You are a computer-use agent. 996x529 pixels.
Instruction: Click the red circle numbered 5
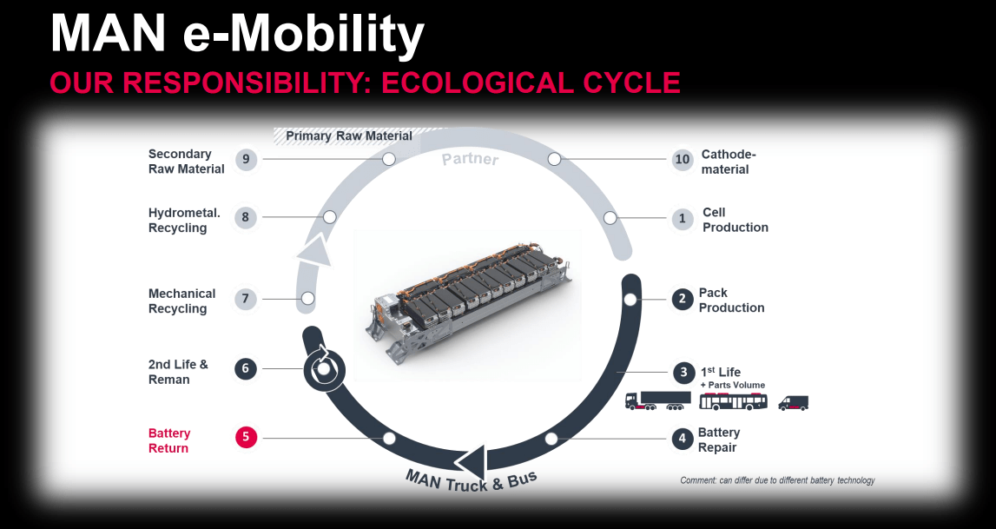click(246, 438)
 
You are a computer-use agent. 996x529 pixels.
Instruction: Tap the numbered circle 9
click(246, 159)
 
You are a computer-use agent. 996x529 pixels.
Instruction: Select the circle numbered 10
click(683, 160)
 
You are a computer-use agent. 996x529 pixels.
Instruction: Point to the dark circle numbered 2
click(683, 299)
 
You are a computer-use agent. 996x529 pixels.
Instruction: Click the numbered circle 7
click(246, 299)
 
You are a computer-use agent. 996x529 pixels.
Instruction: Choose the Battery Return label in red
click(169, 440)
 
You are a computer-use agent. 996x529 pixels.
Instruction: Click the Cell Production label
click(735, 220)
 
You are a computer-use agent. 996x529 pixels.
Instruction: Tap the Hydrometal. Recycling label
click(184, 221)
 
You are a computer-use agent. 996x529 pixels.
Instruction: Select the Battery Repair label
click(718, 440)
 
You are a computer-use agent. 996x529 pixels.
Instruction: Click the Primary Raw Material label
click(349, 136)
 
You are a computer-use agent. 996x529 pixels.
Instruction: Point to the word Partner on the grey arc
click(471, 158)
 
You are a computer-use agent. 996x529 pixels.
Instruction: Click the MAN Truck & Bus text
click(472, 480)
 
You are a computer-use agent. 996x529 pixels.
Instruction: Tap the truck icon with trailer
click(658, 400)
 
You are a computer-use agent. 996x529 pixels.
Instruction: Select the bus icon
click(733, 401)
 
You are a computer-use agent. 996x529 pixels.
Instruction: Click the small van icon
click(794, 403)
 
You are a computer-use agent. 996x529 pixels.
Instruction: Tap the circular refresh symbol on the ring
click(324, 367)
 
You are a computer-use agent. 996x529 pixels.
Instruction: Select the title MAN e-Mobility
click(237, 34)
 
